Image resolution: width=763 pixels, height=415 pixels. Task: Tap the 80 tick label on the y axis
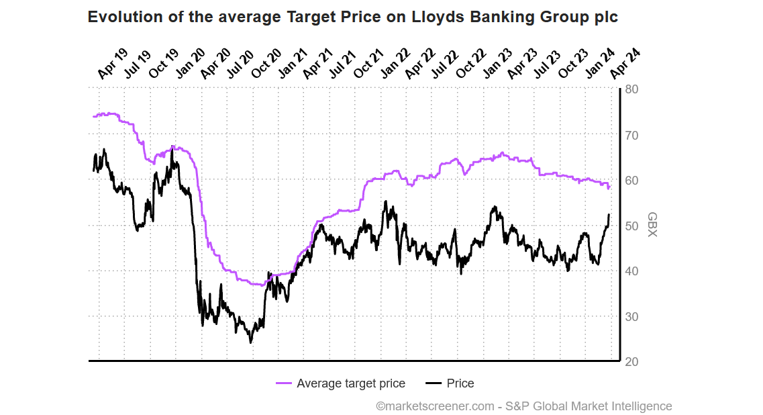[632, 89]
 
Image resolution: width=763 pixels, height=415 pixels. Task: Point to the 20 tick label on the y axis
[632, 362]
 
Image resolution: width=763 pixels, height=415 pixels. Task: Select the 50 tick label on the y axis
[632, 226]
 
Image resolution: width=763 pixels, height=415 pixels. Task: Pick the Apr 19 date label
[111, 64]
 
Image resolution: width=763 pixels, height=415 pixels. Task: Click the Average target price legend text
[351, 383]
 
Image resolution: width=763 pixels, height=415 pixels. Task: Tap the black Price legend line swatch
[434, 383]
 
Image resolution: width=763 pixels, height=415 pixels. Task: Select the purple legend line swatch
[284, 383]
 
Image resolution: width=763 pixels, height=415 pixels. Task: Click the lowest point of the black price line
[251, 342]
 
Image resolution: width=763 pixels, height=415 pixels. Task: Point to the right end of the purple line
[609, 187]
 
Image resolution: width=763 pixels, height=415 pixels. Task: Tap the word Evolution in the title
[125, 17]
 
